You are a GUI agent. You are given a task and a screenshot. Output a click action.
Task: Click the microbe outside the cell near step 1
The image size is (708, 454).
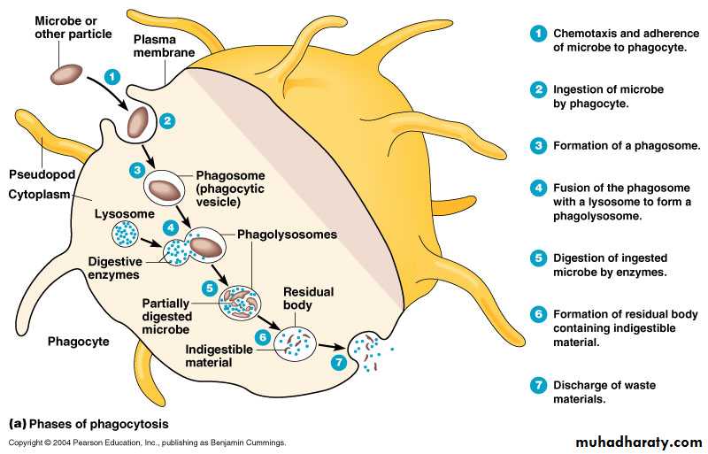click(x=67, y=74)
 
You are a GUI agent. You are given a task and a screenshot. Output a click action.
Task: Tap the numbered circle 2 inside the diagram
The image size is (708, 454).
click(x=168, y=120)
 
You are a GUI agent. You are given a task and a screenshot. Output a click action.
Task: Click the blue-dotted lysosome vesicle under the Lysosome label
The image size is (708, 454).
click(x=125, y=234)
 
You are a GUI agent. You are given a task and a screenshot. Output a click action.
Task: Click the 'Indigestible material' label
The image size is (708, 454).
click(x=219, y=356)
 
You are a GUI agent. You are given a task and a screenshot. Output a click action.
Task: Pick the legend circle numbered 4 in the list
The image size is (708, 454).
click(x=537, y=189)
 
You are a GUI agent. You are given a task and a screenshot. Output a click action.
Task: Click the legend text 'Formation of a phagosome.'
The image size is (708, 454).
click(x=614, y=145)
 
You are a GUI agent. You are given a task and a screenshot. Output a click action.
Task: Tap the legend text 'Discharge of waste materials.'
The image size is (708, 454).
click(x=605, y=392)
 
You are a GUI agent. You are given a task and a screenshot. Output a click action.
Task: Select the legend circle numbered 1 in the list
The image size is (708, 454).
click(x=537, y=34)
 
